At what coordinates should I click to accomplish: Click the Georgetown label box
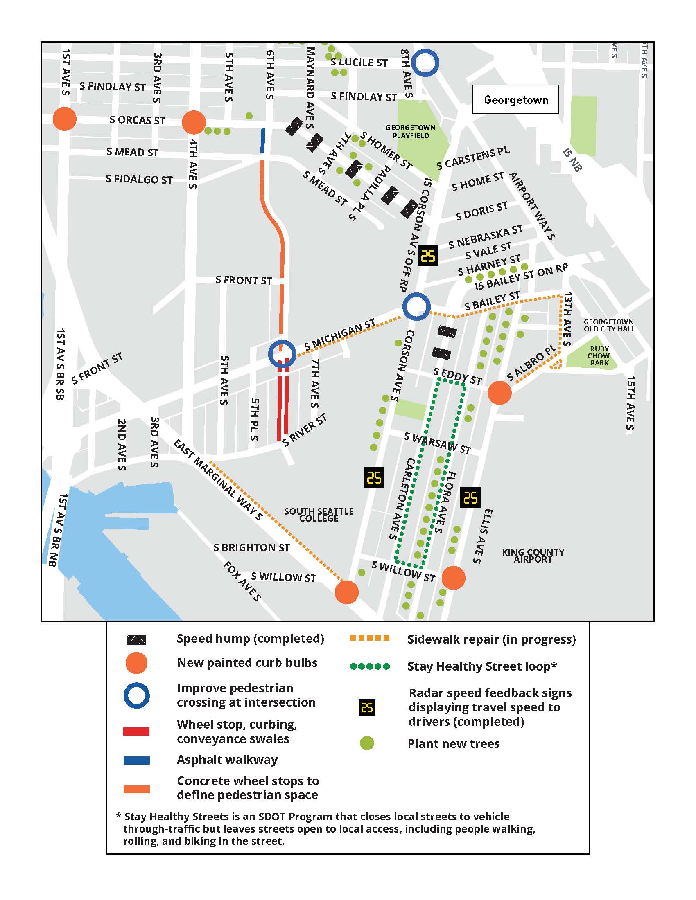point(515,100)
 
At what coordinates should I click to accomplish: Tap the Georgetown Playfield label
point(410,131)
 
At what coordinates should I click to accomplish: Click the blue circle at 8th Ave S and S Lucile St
point(426,63)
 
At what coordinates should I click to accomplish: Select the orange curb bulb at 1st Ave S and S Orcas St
point(65,119)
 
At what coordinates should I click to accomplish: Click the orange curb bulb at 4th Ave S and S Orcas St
point(193,122)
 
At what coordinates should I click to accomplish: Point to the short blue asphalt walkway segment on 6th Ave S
point(263,140)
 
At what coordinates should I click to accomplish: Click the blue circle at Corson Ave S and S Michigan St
point(416,306)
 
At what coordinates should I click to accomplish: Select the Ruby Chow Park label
point(599,355)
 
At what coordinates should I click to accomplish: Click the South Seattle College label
point(319,515)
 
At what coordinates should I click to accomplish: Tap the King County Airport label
point(533,556)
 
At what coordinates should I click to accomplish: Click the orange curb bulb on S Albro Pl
point(499,393)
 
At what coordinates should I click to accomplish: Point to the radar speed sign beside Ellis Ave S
point(470,498)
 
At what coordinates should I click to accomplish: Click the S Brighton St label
point(251,547)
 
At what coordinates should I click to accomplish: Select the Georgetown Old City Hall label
point(608,325)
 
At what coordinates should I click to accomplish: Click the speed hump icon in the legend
point(136,639)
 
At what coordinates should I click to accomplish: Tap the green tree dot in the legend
point(366,743)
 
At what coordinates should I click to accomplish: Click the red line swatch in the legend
point(136,731)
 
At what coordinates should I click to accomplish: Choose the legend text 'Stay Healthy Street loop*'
point(481,666)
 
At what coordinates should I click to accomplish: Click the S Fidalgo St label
point(139,179)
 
